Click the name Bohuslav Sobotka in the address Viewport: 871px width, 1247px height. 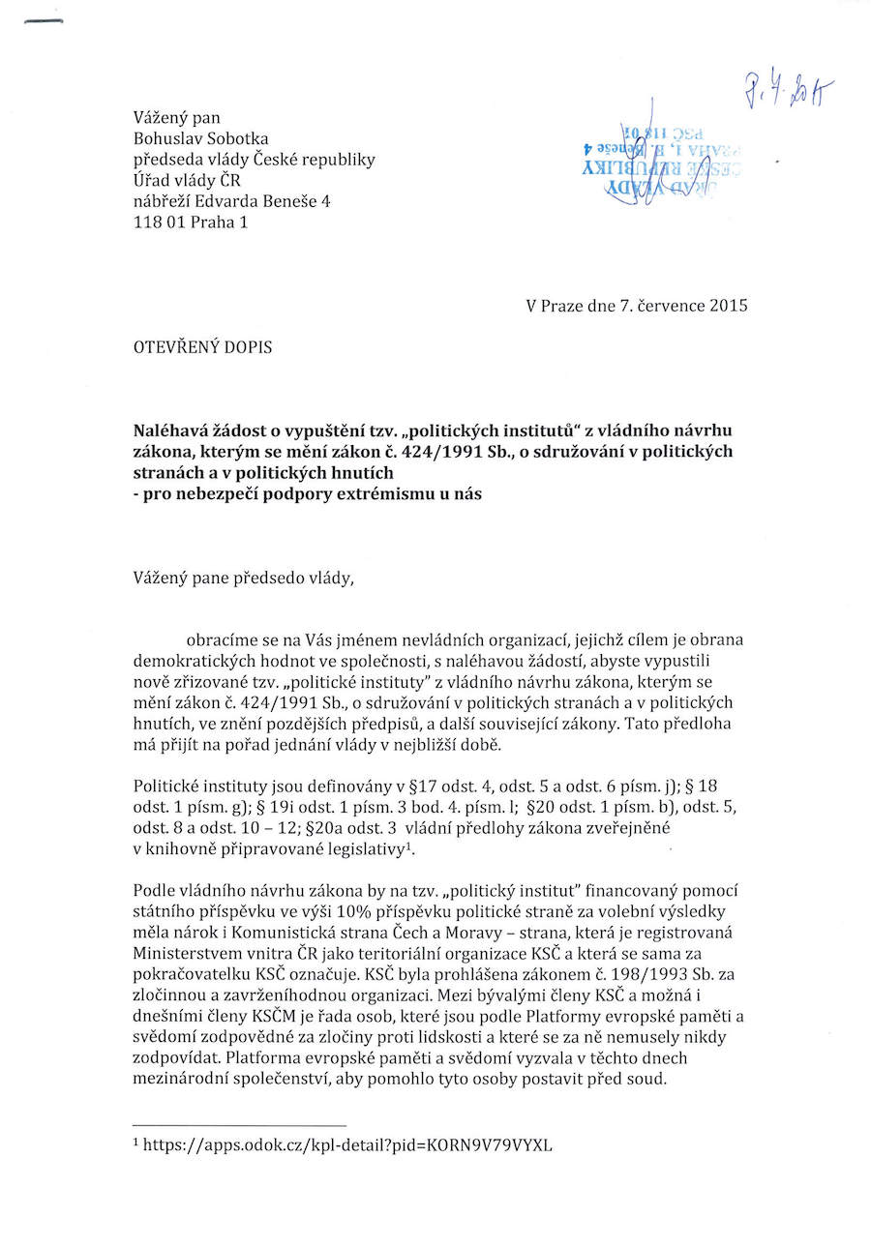[201, 138]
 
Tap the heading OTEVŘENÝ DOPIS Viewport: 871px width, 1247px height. [202, 347]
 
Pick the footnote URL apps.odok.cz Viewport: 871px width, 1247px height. [347, 1145]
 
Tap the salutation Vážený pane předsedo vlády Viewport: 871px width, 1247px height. [245, 579]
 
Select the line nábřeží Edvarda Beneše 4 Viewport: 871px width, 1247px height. [232, 200]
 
